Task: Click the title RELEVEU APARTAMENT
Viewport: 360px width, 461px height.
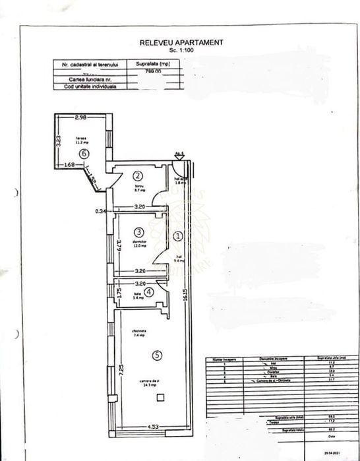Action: coord(181,42)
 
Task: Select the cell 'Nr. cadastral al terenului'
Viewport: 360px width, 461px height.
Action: coord(90,65)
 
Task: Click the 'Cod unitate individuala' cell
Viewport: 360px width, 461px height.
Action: coord(90,86)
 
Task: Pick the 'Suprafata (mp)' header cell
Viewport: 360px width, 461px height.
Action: coord(156,65)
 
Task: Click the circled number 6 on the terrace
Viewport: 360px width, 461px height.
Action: coord(83,153)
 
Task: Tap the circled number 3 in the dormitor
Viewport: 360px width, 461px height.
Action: coord(138,232)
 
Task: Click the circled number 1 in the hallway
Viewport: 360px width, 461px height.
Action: coord(177,235)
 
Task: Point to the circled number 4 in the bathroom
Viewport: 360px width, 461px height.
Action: coord(149,291)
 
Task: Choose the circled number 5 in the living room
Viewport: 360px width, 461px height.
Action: coord(156,355)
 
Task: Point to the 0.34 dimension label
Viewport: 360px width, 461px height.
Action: coord(100,211)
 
